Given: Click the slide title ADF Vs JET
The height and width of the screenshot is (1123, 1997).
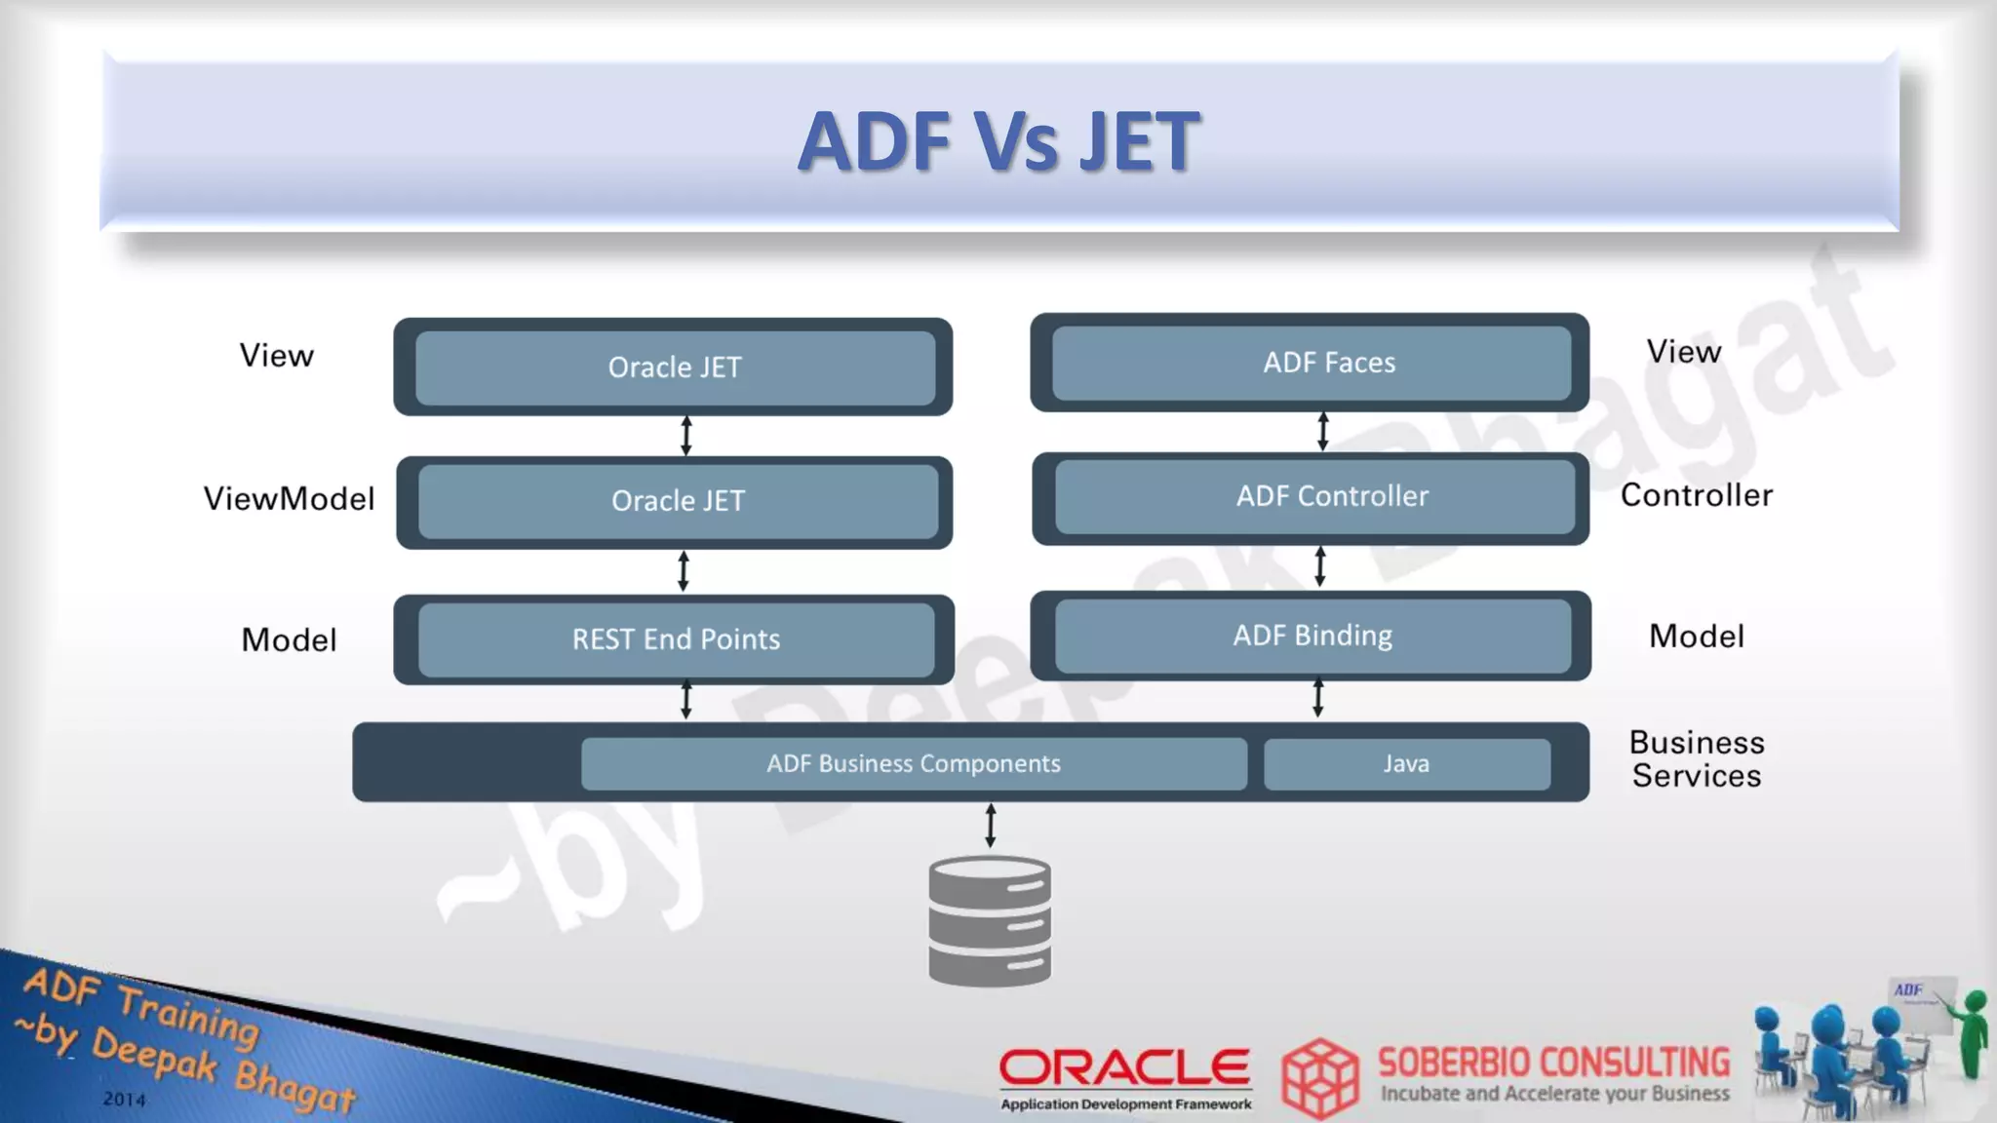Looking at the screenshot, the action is [x=998, y=142].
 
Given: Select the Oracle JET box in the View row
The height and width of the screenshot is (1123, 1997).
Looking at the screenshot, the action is [x=675, y=368].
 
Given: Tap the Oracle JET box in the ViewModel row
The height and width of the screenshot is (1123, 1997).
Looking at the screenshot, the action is [x=678, y=501].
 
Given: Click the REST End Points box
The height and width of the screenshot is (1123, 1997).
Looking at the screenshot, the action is [x=676, y=639].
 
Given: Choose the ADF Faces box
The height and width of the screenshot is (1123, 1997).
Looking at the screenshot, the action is [x=1329, y=363].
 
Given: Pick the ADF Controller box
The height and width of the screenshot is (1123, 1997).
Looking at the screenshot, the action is [x=1332, y=496].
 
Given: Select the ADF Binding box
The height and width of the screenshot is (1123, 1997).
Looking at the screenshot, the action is [x=1312, y=636].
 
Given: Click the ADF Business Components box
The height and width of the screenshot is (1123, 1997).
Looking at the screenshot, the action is [x=914, y=763].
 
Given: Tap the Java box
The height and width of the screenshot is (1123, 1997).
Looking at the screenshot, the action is [x=1406, y=763].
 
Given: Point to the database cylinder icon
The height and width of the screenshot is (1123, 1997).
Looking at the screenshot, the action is [x=990, y=920].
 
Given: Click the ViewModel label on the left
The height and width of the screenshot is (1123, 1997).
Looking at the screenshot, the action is [x=289, y=499].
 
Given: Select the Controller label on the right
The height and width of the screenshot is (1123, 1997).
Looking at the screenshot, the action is [x=1696, y=495].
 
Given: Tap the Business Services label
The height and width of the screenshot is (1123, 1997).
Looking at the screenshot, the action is [x=1697, y=759].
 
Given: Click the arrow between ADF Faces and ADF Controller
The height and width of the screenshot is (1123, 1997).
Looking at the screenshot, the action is [x=1322, y=431].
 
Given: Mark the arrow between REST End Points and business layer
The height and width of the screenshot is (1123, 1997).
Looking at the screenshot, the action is [x=686, y=700].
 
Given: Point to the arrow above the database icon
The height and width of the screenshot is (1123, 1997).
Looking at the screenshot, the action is [x=991, y=826].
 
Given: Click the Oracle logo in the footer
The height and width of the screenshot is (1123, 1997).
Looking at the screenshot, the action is [x=1125, y=1068].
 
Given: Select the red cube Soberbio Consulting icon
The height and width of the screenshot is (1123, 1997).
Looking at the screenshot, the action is [x=1320, y=1077].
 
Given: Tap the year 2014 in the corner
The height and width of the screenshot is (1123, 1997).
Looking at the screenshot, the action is [x=124, y=1099].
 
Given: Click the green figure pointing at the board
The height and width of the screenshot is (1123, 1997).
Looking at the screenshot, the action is [x=1973, y=1034].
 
